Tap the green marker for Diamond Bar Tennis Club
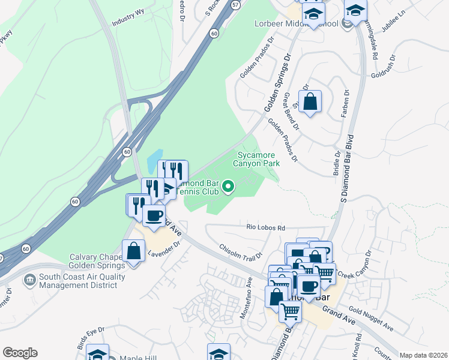click(228, 188)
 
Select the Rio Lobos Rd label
click(265, 228)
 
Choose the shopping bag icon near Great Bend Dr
click(310, 102)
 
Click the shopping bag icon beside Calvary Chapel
click(133, 251)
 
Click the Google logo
click(20, 353)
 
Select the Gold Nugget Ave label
click(370, 320)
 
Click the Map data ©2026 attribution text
click(423, 355)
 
